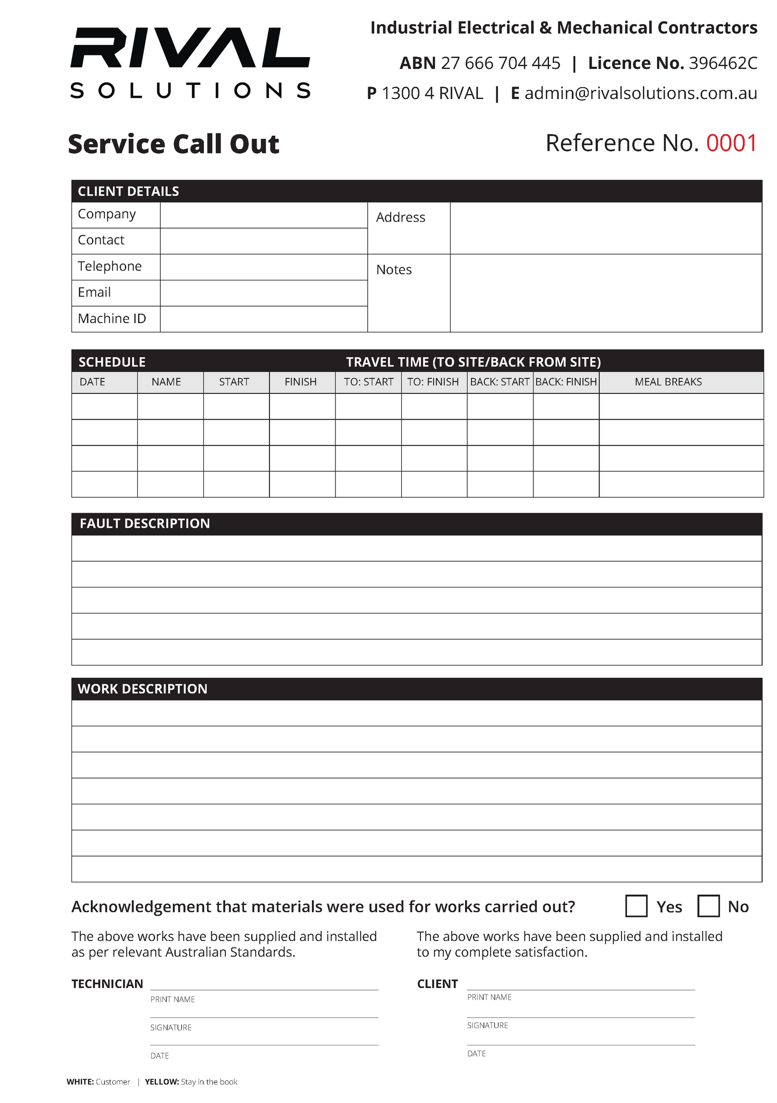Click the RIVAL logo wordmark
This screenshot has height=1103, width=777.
click(190, 48)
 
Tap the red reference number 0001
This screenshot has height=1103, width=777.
click(731, 143)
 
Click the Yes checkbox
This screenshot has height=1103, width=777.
click(636, 906)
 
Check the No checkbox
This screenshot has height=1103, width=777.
click(708, 906)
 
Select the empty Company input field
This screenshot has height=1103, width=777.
click(263, 215)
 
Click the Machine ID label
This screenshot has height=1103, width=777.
click(112, 319)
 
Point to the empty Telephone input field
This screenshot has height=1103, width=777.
click(263, 267)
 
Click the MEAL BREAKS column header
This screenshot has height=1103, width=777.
click(668, 382)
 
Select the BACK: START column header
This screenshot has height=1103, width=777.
click(500, 382)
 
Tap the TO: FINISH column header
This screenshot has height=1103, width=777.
click(433, 382)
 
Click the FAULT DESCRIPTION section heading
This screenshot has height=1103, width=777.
click(145, 524)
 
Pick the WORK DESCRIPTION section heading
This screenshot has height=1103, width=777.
click(142, 689)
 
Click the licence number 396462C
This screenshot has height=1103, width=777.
click(723, 63)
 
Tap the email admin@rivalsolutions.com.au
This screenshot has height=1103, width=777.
click(640, 94)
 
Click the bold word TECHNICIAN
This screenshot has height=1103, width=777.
click(107, 984)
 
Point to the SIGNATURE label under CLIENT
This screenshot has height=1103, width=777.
click(487, 1025)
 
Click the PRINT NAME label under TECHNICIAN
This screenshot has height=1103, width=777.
click(172, 999)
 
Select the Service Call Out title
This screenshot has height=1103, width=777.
click(174, 144)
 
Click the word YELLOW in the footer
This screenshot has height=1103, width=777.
click(161, 1081)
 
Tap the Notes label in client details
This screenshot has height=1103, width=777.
click(394, 270)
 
